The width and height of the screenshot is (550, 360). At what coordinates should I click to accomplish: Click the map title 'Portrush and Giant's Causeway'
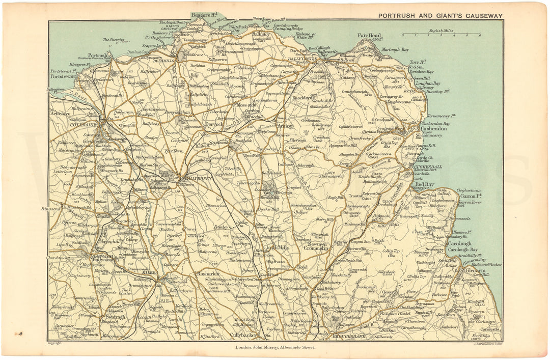[x=440, y=15]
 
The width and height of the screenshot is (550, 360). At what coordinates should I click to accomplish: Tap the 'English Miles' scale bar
[x=441, y=35]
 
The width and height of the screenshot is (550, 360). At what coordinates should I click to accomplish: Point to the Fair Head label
[x=370, y=36]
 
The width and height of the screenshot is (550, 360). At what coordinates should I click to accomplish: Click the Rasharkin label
[x=207, y=274]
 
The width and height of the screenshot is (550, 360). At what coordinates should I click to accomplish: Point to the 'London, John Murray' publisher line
[x=274, y=347]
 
